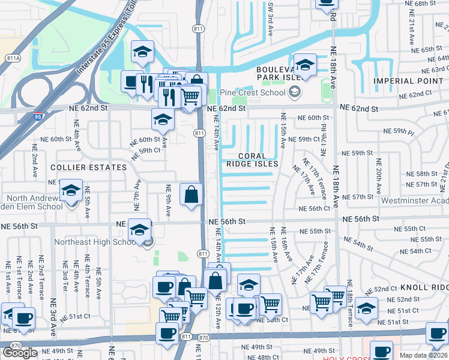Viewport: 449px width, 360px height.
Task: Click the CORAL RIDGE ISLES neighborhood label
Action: coord(252,159)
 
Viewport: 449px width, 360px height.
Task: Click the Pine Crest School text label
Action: coord(253,92)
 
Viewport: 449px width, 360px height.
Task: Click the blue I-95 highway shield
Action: coord(38,118)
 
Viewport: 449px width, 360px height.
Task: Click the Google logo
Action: coord(20,352)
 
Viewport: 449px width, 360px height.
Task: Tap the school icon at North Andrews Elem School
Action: coord(71,192)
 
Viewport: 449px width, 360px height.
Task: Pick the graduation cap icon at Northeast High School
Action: coord(140,230)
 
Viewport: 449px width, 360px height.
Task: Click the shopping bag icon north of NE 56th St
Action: coord(191,194)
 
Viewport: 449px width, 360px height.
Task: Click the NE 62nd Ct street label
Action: coord(415,94)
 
